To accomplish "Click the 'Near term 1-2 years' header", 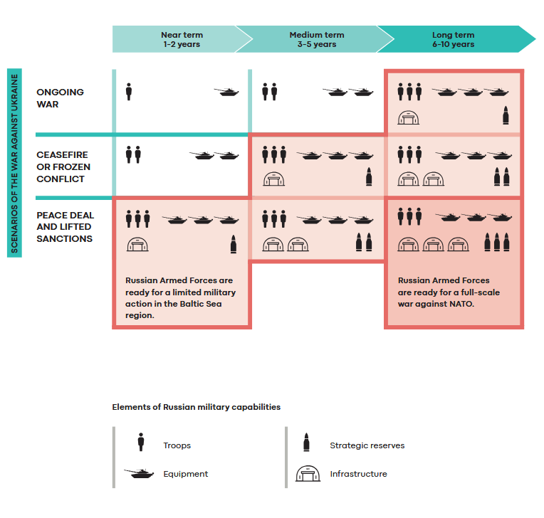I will pos(182,40).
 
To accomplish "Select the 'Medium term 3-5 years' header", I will pos(316,40).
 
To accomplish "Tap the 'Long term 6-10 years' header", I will pos(453,40).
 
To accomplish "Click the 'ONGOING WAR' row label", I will pos(61,98).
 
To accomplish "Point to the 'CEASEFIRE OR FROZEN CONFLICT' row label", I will pos(64,167).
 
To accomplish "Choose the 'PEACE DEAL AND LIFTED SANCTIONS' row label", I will pos(65,227).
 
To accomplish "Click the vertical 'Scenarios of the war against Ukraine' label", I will pos(15,162).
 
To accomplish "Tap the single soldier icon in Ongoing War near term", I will pos(129,92).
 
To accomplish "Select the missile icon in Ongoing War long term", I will pos(506,115).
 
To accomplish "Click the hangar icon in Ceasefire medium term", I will pos(273,179).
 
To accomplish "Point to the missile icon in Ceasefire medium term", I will pos(369,177).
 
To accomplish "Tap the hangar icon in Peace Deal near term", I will pos(137,245).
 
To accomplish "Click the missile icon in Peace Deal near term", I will pos(233,244).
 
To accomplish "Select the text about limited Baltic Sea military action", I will pos(180,297).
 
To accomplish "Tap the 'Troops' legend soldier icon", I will pos(141,443).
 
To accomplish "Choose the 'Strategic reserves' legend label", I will pos(367,445).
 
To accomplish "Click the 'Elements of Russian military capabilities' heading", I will pos(196,407).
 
